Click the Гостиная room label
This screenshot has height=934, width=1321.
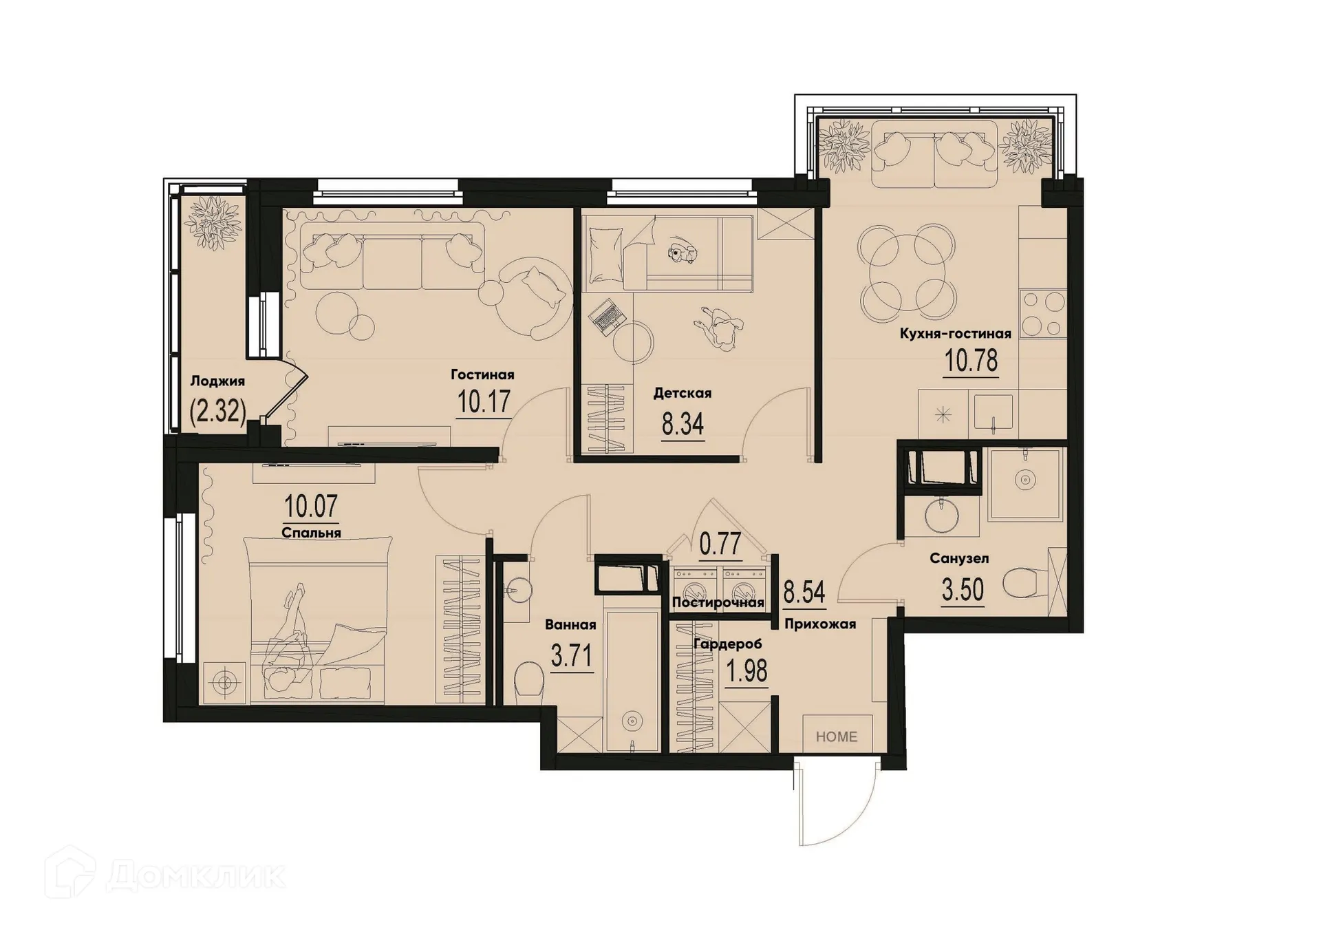click(x=482, y=374)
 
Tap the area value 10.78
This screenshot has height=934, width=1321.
click(x=971, y=361)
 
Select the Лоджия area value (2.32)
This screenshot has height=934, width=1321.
click(x=217, y=412)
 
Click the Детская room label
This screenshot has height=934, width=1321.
click(x=682, y=393)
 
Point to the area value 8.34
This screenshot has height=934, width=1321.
click(x=683, y=425)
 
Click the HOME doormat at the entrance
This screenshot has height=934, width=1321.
click(x=837, y=736)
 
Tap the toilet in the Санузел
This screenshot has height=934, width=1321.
click(x=1024, y=584)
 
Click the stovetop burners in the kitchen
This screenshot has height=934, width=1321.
click(x=1043, y=313)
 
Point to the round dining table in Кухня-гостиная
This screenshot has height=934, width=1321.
click(x=906, y=273)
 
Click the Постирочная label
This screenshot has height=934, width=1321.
click(x=718, y=603)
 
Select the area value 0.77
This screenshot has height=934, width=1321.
click(x=720, y=544)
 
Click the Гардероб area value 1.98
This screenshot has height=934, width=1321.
click(x=747, y=670)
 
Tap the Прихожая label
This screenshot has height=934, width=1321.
click(x=820, y=624)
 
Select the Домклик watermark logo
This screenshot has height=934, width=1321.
click(x=165, y=876)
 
